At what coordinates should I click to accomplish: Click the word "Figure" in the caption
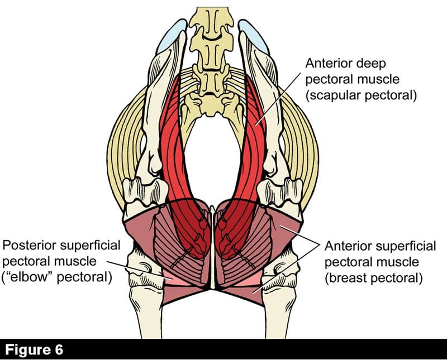pos(30,350)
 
